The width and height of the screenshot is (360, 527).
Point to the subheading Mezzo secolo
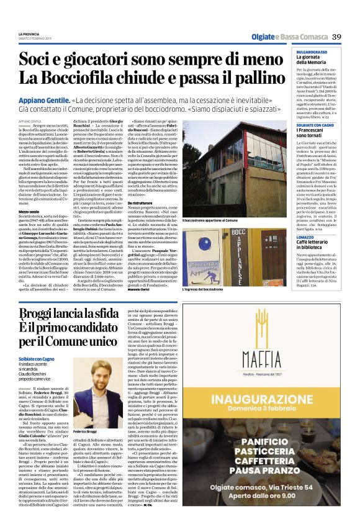pos(29,212)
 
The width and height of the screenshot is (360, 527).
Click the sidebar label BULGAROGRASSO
pos(315,52)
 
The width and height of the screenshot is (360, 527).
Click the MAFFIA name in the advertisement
pos(269,358)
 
